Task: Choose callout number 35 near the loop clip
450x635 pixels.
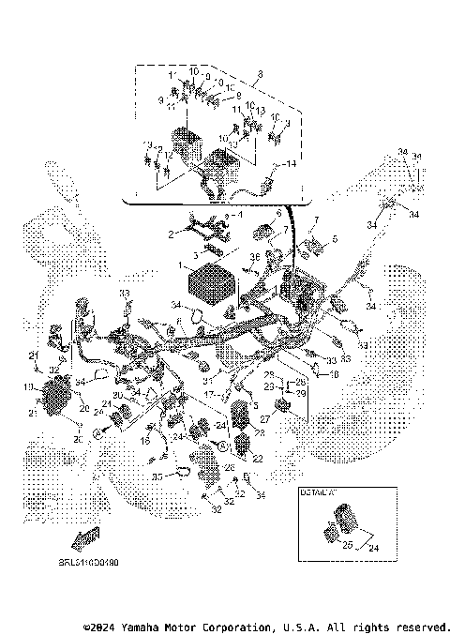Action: pyautogui.click(x=157, y=476)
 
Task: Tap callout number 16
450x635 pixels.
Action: pyautogui.click(x=147, y=438)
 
